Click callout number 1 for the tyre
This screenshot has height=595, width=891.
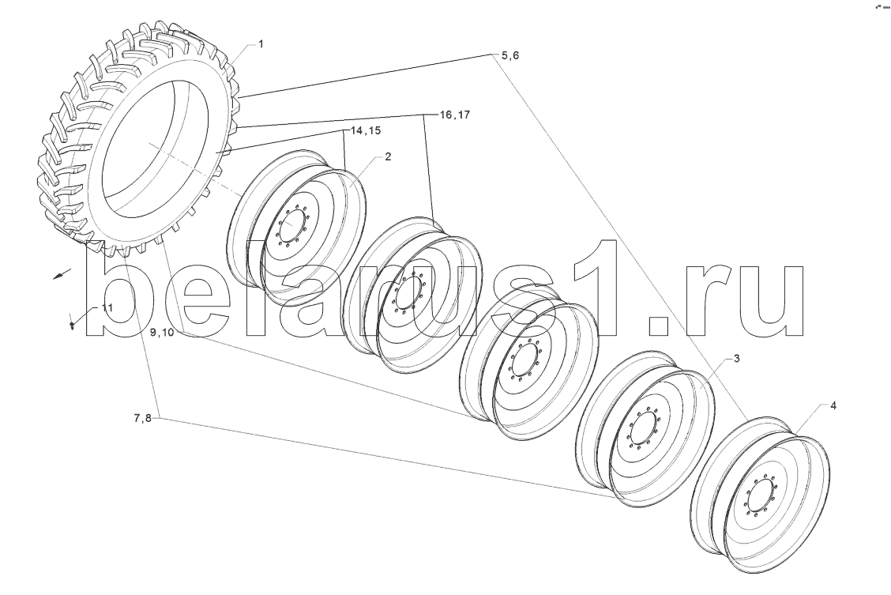pos(261,44)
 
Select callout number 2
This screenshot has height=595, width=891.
pos(388,156)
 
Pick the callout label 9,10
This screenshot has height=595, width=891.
pos(162,333)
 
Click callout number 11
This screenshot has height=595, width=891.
pos(107,307)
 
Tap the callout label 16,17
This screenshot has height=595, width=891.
pos(455,115)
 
